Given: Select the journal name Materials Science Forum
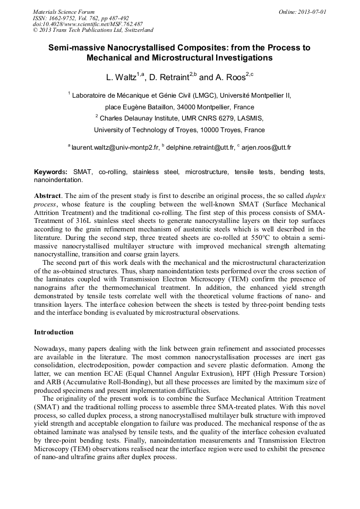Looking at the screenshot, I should click(64, 12).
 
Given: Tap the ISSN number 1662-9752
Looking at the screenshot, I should click(67, 18).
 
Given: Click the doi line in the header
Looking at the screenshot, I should click(88, 24).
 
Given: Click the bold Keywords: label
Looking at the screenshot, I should click(51, 172).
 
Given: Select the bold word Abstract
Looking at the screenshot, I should click(47, 196).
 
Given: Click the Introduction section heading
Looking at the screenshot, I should click(54, 332).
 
